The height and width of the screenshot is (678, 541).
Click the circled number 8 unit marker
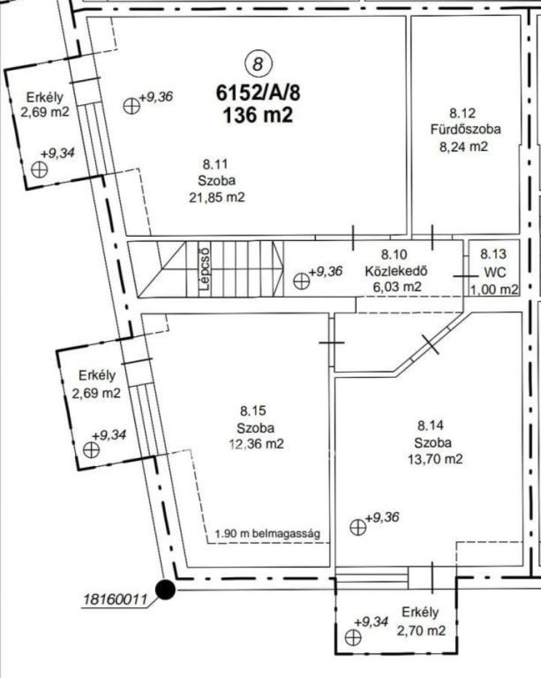(x=258, y=64)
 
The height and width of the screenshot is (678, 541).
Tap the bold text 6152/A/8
(x=258, y=93)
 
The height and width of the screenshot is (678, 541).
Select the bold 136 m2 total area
(x=258, y=115)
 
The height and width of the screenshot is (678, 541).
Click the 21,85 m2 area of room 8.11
(x=217, y=198)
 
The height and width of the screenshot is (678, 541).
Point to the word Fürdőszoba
(x=465, y=129)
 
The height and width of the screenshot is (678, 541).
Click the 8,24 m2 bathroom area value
(x=463, y=146)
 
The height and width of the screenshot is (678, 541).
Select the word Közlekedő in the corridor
(x=396, y=271)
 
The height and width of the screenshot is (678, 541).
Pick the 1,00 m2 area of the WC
(x=494, y=289)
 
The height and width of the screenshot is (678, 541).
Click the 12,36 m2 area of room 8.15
(x=256, y=444)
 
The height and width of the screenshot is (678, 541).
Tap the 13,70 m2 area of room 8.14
(x=435, y=459)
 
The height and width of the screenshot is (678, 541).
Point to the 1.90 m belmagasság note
(x=267, y=534)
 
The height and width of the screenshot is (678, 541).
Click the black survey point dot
(x=165, y=590)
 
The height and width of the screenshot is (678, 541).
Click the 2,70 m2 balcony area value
(x=421, y=631)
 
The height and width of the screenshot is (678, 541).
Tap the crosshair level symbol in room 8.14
(x=358, y=527)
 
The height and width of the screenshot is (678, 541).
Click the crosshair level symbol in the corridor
(x=301, y=281)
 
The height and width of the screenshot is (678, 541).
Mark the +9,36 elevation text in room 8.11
(x=156, y=97)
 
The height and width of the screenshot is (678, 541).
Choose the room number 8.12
(x=462, y=114)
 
